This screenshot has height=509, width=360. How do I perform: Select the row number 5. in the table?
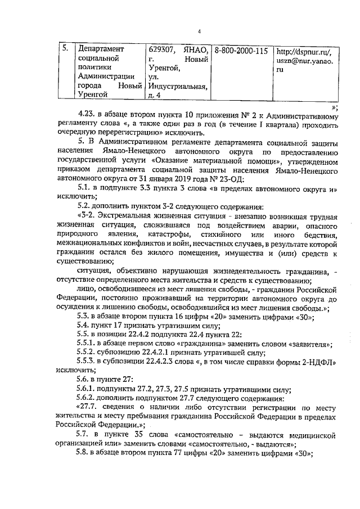65,48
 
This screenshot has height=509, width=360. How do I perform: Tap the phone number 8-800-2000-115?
241,49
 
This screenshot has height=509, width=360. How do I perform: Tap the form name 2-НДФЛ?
317,362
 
